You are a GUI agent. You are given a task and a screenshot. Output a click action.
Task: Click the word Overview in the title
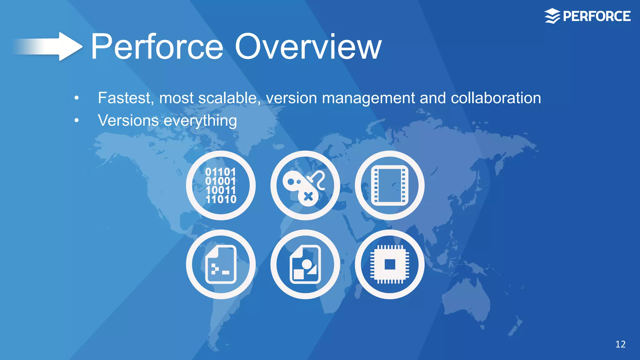pos(308,47)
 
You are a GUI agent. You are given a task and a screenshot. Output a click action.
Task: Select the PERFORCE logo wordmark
pos(597,16)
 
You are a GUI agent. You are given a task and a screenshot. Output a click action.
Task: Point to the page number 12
pos(620,344)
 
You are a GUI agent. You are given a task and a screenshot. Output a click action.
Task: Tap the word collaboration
pos(496,98)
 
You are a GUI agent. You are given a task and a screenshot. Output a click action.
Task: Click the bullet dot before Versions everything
pos(77,120)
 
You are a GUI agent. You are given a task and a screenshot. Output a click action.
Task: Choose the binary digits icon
pos(221,185)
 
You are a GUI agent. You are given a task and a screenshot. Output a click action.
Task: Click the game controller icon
pos(305,185)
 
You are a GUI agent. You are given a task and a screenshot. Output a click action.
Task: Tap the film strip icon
pos(389,185)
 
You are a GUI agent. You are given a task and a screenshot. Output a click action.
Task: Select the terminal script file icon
pos(221,264)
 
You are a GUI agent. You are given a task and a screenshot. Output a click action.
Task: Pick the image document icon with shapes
pos(305,264)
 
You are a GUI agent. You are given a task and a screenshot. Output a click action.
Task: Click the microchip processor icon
pos(389,264)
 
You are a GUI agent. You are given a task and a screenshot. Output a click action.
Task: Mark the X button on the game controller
pos(308,197)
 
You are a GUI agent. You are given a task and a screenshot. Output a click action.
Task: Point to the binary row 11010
pos(221,199)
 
